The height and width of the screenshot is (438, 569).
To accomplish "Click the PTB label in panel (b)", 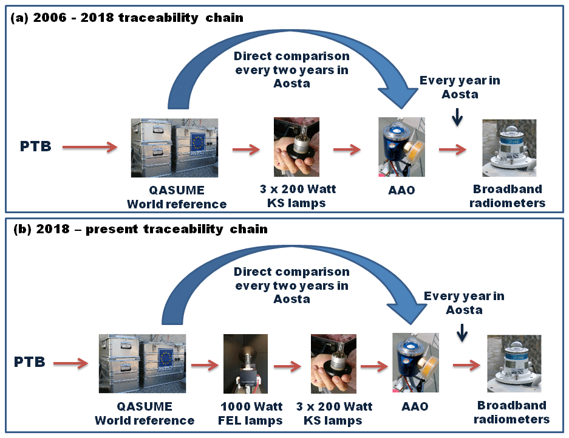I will [x=29, y=363].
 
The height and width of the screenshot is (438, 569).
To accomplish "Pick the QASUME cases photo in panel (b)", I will [x=142, y=363].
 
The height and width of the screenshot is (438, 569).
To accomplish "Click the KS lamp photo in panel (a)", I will [x=297, y=147].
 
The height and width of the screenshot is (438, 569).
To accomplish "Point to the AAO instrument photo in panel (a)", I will [x=401, y=147].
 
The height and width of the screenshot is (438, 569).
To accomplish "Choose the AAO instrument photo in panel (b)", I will [x=415, y=363].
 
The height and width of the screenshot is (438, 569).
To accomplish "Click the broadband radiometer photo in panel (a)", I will [x=509, y=148].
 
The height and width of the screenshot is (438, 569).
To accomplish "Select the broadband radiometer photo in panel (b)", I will [x=514, y=363].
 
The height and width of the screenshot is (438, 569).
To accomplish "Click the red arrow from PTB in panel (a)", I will [x=89, y=146].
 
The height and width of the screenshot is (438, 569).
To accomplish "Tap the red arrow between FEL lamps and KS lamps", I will [x=287, y=366].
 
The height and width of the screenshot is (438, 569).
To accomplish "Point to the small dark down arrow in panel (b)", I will [x=462, y=331].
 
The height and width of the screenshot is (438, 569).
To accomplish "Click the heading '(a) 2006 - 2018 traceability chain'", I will [x=127, y=18].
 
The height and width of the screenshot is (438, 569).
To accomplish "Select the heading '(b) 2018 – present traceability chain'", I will [x=139, y=230].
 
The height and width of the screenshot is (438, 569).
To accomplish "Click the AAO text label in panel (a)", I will [x=401, y=189].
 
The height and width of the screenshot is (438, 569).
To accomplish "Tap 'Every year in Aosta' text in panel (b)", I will [x=464, y=303].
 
